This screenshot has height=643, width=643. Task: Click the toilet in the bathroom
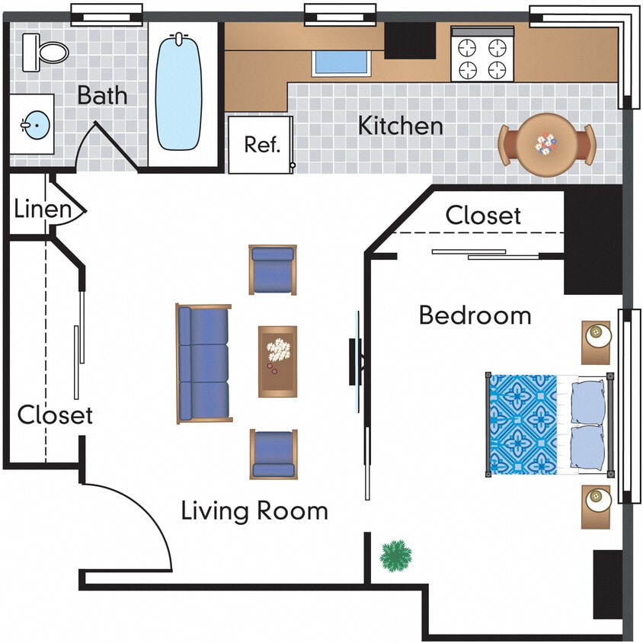coord(46,50)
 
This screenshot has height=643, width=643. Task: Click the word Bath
coord(102,97)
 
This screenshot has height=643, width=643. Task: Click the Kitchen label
coord(401,126)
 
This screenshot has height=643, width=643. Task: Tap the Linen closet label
coord(43,210)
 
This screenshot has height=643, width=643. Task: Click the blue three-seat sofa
coord(203,364)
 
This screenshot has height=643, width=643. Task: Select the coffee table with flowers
coord(277,361)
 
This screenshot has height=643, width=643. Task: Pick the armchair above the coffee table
coord(273,270)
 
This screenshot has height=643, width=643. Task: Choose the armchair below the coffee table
coord(273,454)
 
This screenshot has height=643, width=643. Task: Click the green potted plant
coord(396,555)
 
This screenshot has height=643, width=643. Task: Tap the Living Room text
coord(254,510)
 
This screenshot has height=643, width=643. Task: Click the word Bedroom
coord(475,315)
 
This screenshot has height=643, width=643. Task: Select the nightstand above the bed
coord(596,342)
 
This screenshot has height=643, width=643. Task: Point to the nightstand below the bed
coord(596,506)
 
